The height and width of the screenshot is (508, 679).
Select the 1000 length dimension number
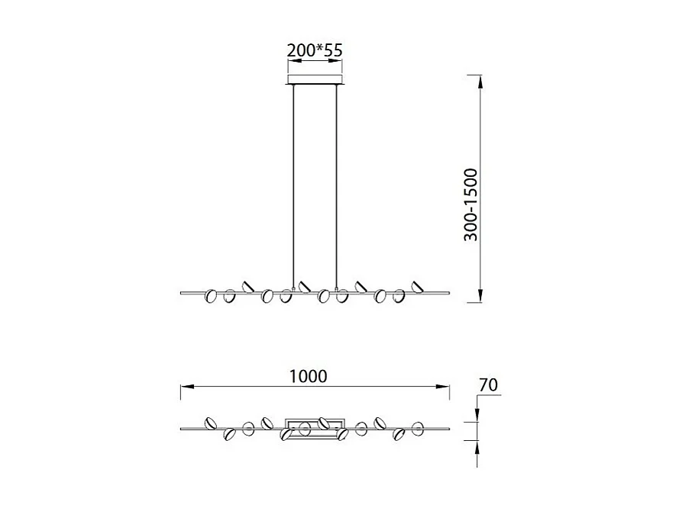coord(309,376)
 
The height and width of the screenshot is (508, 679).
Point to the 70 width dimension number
coord(488,385)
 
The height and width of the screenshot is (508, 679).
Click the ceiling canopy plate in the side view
coord(315,80)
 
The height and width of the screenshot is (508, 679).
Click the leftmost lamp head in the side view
coord(212,297)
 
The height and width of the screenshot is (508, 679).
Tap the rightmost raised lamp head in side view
coord(417,287)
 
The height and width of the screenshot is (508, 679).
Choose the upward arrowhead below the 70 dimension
coord(477,445)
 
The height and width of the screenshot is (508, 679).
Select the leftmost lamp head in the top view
coord(209,423)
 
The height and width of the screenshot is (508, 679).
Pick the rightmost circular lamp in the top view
coord(418,428)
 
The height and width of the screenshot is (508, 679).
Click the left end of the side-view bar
coord(181,292)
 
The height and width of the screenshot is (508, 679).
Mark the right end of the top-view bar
coord(448,429)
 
